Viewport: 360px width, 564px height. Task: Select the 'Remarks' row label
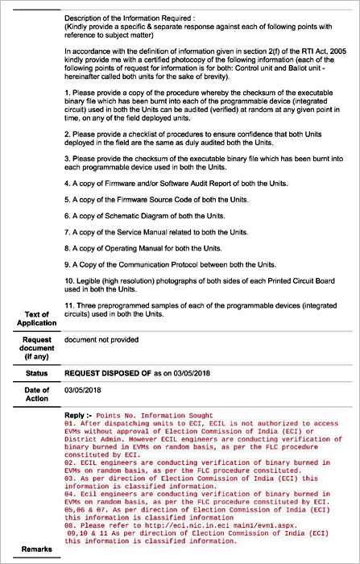click(34, 549)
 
